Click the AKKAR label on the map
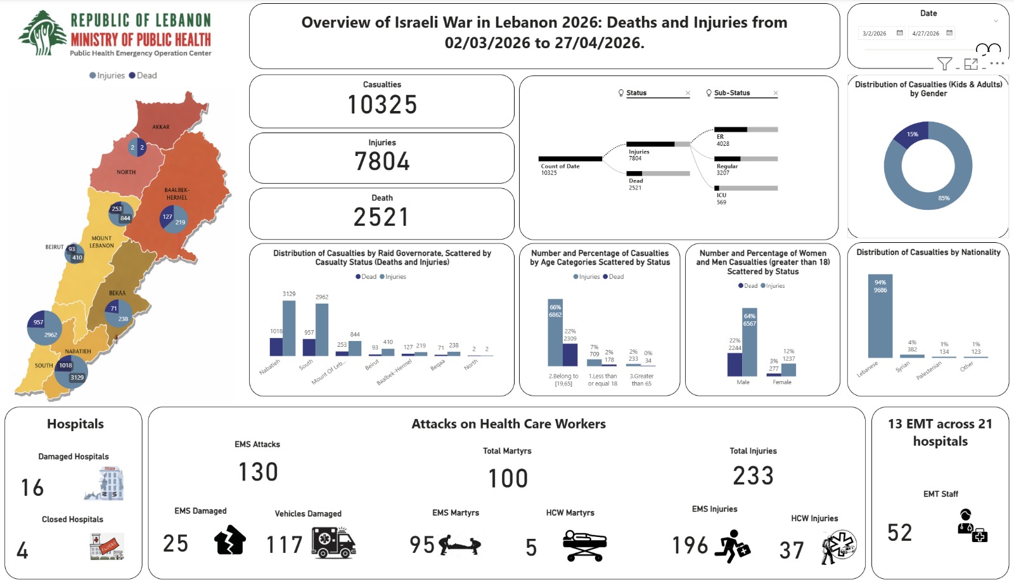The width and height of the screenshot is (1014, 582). point(160,127)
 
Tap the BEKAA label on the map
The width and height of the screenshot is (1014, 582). point(117,293)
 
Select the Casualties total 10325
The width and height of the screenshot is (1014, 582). point(382,105)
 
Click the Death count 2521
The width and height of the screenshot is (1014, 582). point(382,217)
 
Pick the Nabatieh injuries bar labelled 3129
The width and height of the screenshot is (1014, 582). point(289,328)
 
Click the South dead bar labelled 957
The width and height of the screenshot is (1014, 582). point(309,347)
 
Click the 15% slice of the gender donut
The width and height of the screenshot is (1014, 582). point(911,134)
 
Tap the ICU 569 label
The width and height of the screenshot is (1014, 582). point(721,198)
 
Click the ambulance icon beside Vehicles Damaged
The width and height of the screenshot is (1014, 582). point(333,543)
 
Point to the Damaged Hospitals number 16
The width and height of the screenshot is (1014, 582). point(32,488)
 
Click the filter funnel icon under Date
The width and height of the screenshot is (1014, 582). point(944,63)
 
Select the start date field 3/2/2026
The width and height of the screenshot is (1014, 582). point(875,33)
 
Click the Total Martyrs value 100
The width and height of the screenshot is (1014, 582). point(508,479)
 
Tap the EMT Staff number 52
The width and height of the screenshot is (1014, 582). point(899,533)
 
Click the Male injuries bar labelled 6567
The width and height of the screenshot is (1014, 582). point(750,342)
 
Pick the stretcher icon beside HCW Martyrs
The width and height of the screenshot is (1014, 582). point(584,545)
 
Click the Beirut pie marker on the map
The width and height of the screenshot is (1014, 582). point(75,254)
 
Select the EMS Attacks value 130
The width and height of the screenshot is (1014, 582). point(258,472)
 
